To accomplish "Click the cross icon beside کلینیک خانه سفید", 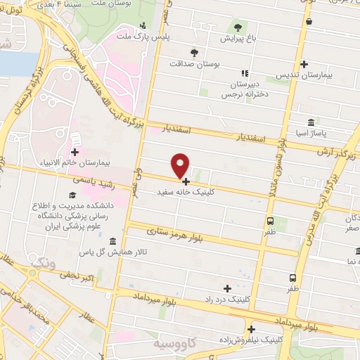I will (186, 181).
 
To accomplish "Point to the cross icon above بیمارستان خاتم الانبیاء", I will (75, 151).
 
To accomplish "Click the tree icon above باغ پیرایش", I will (238, 27).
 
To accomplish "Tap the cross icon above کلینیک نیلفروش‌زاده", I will (251, 328).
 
